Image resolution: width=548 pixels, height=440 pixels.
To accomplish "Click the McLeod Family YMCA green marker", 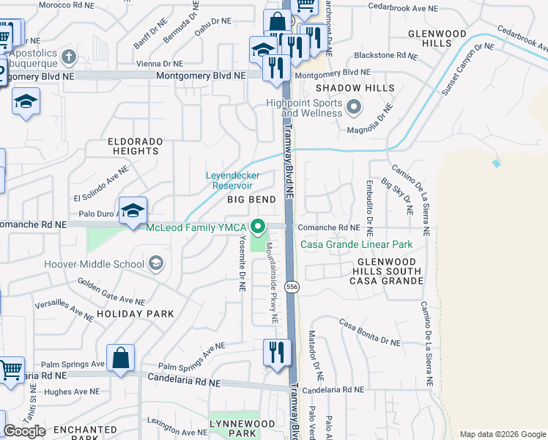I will tap(257, 227).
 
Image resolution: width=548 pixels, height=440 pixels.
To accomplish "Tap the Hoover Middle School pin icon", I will tap(155, 263).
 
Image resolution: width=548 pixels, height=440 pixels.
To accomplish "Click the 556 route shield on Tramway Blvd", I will tap(292, 286).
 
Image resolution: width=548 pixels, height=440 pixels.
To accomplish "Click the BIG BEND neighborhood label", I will tap(251, 199).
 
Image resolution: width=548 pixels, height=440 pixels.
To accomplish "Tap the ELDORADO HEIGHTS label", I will tap(133, 145).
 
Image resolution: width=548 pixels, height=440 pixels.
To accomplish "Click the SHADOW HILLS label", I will tap(355, 88).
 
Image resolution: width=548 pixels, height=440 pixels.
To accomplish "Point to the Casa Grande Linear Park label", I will tap(355, 244).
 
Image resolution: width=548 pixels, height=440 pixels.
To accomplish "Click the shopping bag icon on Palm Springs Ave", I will tap(121, 359).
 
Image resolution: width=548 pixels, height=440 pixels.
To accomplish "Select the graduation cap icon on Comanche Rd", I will tap(133, 211).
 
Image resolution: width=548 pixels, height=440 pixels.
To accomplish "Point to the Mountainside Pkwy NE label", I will tap(272, 283).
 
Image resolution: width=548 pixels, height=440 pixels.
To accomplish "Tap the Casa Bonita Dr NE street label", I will tap(369, 331).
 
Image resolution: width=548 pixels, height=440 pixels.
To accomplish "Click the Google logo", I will tap(24, 431).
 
